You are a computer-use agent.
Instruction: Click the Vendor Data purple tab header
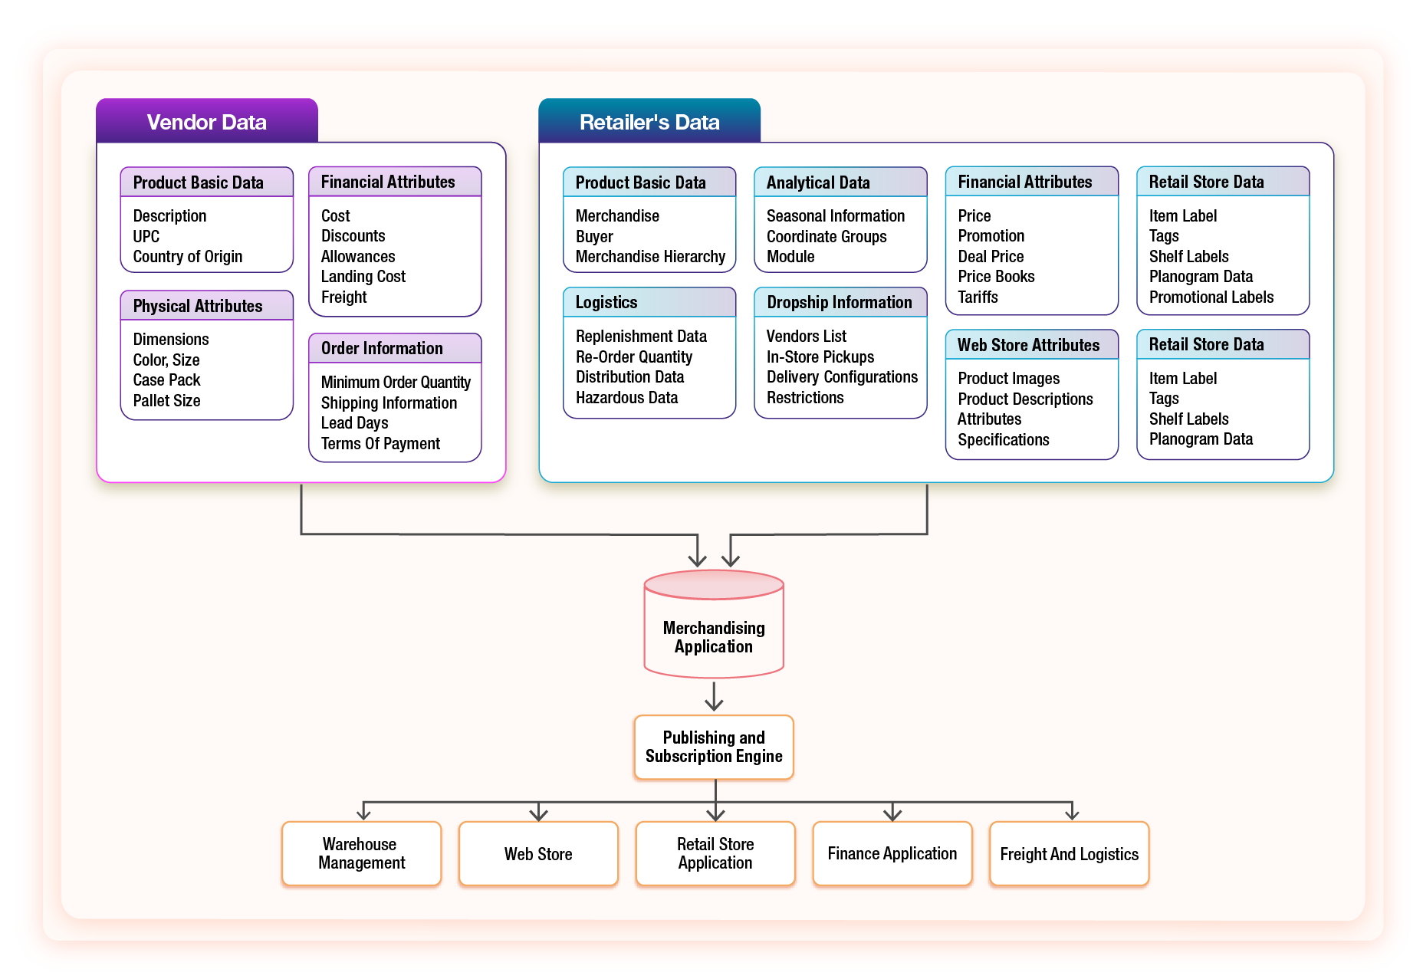coord(206,122)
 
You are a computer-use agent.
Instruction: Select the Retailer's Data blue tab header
coord(649,122)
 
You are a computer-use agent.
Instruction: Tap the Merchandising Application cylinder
coord(713,629)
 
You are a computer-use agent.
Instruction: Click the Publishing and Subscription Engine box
coord(713,747)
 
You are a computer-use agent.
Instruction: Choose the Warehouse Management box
coord(361,853)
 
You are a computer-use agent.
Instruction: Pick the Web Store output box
coord(538,853)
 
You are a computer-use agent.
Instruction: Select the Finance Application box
coord(892,853)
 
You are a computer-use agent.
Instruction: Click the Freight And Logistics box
coord(1069,853)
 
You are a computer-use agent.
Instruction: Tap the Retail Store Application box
coord(715,853)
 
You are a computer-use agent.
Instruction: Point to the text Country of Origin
coord(188,257)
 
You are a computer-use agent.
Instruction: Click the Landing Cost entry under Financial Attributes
coord(363,277)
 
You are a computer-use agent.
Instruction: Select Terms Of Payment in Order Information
coord(380,444)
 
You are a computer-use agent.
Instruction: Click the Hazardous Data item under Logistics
coord(626,398)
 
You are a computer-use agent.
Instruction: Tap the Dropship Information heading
coord(840,302)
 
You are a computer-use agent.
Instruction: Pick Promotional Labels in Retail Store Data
coord(1211,297)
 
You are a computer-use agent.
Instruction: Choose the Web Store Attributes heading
coord(1028,345)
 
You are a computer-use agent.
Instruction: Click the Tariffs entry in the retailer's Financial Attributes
coord(978,297)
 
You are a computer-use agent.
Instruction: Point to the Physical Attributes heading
coord(198,306)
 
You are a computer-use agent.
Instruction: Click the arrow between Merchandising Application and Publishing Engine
coord(714,696)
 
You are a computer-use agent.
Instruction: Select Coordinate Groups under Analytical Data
coord(827,237)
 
